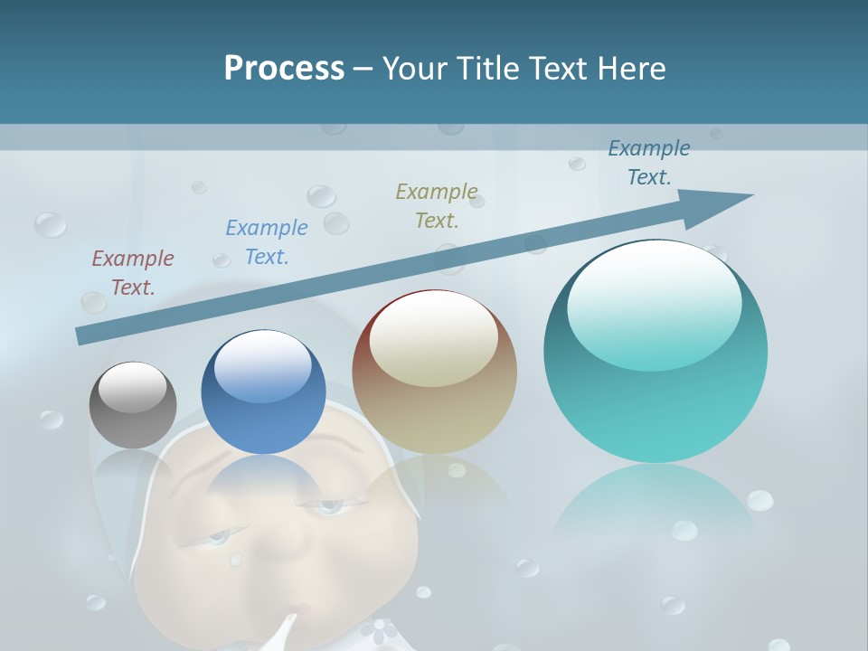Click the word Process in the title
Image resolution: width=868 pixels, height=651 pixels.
pos(284,68)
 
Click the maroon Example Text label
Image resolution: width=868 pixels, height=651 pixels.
pos(133,272)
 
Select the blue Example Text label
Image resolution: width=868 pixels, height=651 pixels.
pos(267,241)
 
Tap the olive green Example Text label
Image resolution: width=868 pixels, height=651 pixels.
pos(437,205)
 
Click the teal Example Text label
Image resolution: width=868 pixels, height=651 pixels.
pos(649,162)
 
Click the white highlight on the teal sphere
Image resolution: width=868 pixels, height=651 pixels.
pos(654,289)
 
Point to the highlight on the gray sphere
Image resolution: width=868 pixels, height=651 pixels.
pos(132,387)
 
